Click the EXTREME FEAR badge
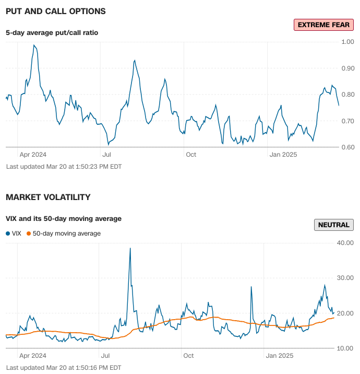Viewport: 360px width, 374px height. point(323,25)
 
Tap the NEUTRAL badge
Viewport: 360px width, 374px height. point(334,225)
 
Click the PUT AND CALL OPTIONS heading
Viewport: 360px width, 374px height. point(56,11)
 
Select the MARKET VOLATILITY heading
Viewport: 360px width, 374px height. point(48,197)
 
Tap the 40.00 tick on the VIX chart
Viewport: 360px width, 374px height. point(346,242)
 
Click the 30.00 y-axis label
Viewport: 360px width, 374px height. point(346,278)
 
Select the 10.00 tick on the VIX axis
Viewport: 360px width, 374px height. point(346,348)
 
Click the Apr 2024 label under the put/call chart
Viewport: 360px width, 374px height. point(33,155)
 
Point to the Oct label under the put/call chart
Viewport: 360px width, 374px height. point(191,155)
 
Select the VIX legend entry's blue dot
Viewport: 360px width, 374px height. point(8,234)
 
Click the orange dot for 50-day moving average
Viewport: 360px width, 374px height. point(29,234)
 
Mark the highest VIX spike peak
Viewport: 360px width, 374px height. point(130,248)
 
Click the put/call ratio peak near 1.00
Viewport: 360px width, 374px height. point(34,45)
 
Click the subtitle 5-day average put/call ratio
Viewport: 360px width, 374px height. point(52,32)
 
